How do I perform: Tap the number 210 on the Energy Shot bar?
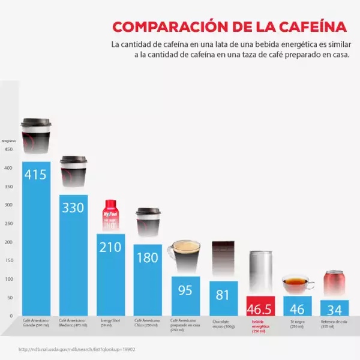[x=111, y=247]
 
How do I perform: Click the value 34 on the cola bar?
[x=335, y=309]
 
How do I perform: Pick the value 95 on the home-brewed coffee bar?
[x=185, y=290]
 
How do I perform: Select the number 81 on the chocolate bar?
[x=223, y=295]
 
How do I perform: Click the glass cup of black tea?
[x=298, y=284]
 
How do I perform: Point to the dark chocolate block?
[x=223, y=260]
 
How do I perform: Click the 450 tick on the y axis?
[x=8, y=150]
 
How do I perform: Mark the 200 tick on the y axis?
[x=8, y=242]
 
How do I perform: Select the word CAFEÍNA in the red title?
[x=308, y=27]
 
